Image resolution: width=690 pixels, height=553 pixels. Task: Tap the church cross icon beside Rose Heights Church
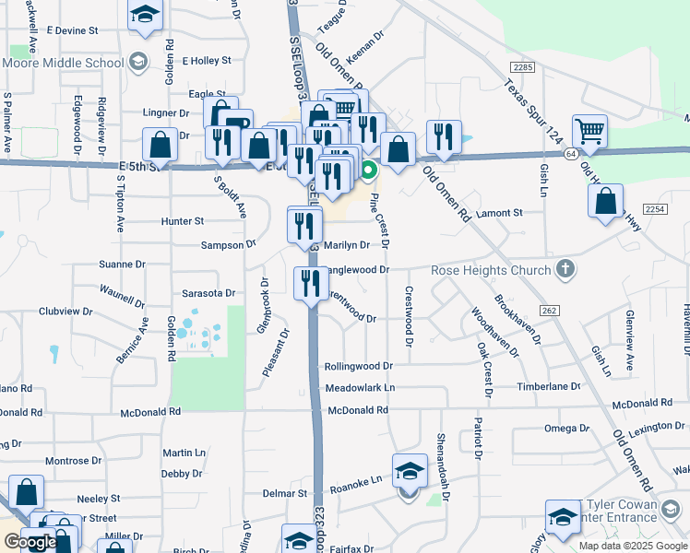pyautogui.click(x=566, y=270)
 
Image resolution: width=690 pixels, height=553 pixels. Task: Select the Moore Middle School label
pyautogui.click(x=63, y=64)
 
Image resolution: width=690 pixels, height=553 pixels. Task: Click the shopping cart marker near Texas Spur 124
pyautogui.click(x=589, y=131)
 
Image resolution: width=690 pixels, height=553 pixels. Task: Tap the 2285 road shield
pyautogui.click(x=523, y=67)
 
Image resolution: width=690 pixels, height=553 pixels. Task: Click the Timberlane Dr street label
pyautogui.click(x=549, y=387)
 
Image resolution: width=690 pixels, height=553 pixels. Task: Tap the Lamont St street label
pyautogui.click(x=499, y=213)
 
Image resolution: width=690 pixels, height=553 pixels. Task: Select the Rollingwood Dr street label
pyautogui.click(x=359, y=367)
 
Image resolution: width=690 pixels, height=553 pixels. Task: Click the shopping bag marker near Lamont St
pyautogui.click(x=605, y=202)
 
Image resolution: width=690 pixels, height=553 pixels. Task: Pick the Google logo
pyautogui.click(x=30, y=542)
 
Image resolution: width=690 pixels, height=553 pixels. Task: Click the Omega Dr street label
pyautogui.click(x=566, y=429)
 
